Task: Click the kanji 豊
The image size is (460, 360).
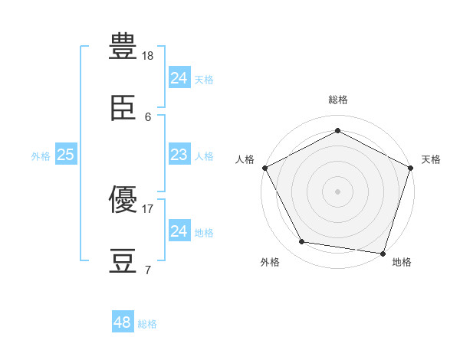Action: click(x=123, y=46)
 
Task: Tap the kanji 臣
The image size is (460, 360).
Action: click(x=123, y=107)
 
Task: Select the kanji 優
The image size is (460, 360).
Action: click(x=123, y=199)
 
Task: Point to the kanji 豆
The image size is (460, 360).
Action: click(x=123, y=261)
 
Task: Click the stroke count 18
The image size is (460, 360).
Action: click(x=147, y=56)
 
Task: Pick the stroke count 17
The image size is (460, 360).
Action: click(x=147, y=209)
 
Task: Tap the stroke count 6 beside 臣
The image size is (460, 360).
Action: click(x=148, y=117)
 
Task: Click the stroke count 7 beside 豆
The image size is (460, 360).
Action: click(x=148, y=270)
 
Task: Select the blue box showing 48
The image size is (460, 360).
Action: click(x=123, y=321)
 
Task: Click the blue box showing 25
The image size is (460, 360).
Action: click(x=66, y=154)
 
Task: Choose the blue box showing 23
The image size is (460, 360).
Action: click(x=179, y=154)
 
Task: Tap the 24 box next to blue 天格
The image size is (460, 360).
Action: click(x=179, y=77)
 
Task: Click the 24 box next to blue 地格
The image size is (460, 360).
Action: click(x=179, y=230)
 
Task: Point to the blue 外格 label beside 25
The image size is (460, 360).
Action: click(x=41, y=156)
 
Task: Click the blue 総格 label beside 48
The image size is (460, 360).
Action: click(x=147, y=324)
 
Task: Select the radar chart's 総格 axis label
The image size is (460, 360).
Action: click(x=338, y=100)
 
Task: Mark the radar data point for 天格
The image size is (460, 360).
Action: click(x=411, y=168)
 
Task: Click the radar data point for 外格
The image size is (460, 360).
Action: click(x=302, y=241)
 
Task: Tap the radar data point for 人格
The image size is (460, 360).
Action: click(x=265, y=168)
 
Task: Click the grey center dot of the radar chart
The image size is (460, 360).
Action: click(x=337, y=191)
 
